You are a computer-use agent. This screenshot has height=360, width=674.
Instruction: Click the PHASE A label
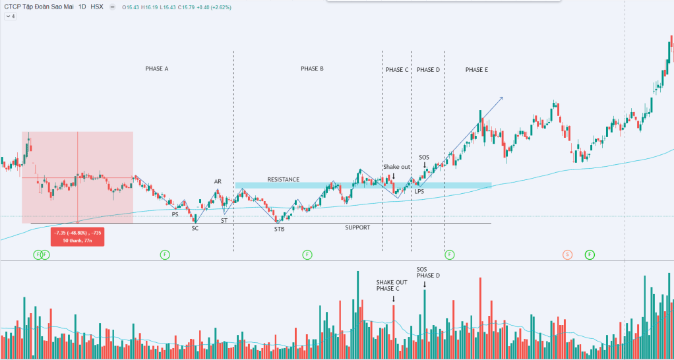click(157, 69)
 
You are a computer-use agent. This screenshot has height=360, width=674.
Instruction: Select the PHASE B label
click(312, 69)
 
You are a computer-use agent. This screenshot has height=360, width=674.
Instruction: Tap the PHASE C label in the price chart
click(396, 70)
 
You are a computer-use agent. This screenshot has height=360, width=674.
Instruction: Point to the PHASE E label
click(476, 70)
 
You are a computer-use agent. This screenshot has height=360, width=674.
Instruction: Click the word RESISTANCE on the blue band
click(284, 179)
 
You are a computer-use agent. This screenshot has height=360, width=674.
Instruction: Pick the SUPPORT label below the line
click(357, 227)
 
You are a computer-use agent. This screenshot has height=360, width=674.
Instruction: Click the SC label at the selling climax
click(195, 229)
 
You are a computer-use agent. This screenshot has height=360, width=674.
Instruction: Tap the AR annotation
click(218, 181)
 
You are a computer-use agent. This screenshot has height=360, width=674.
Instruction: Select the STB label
click(280, 229)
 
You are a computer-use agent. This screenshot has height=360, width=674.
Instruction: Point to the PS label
click(175, 214)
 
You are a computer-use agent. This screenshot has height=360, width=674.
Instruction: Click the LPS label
click(419, 191)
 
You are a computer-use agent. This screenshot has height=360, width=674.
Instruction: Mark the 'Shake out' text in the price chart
click(396, 167)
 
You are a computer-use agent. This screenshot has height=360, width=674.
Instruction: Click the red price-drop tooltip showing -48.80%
click(78, 236)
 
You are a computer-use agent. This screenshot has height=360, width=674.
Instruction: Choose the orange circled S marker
click(567, 254)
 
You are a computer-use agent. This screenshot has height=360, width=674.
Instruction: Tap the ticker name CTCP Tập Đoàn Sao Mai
click(42, 7)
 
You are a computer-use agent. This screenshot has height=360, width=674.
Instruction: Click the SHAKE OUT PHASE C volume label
click(392, 285)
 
